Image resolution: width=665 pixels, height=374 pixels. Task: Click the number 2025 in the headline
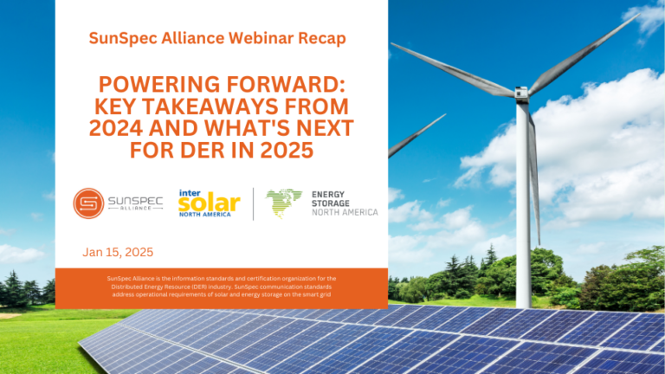point(287,150)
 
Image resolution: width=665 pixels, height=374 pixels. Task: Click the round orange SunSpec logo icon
point(88,203)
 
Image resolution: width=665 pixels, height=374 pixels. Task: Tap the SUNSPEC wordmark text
point(136,201)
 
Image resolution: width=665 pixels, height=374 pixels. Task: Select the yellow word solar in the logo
point(209,203)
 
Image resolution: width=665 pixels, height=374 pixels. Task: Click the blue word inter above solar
point(190,193)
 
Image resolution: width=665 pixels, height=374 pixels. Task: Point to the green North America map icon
point(284,203)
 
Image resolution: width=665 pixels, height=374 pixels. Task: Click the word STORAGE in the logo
point(331,203)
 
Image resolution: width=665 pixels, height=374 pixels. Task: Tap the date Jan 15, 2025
point(118,252)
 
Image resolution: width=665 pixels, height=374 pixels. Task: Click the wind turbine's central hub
point(521,93)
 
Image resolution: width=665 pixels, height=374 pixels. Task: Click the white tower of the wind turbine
point(523,203)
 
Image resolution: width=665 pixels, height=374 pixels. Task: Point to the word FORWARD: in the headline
point(286,84)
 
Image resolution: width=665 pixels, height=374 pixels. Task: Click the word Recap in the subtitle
point(322,39)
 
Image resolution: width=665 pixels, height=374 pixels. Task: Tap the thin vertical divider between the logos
point(254,204)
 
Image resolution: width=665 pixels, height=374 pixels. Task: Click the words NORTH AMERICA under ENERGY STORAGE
point(345,212)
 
